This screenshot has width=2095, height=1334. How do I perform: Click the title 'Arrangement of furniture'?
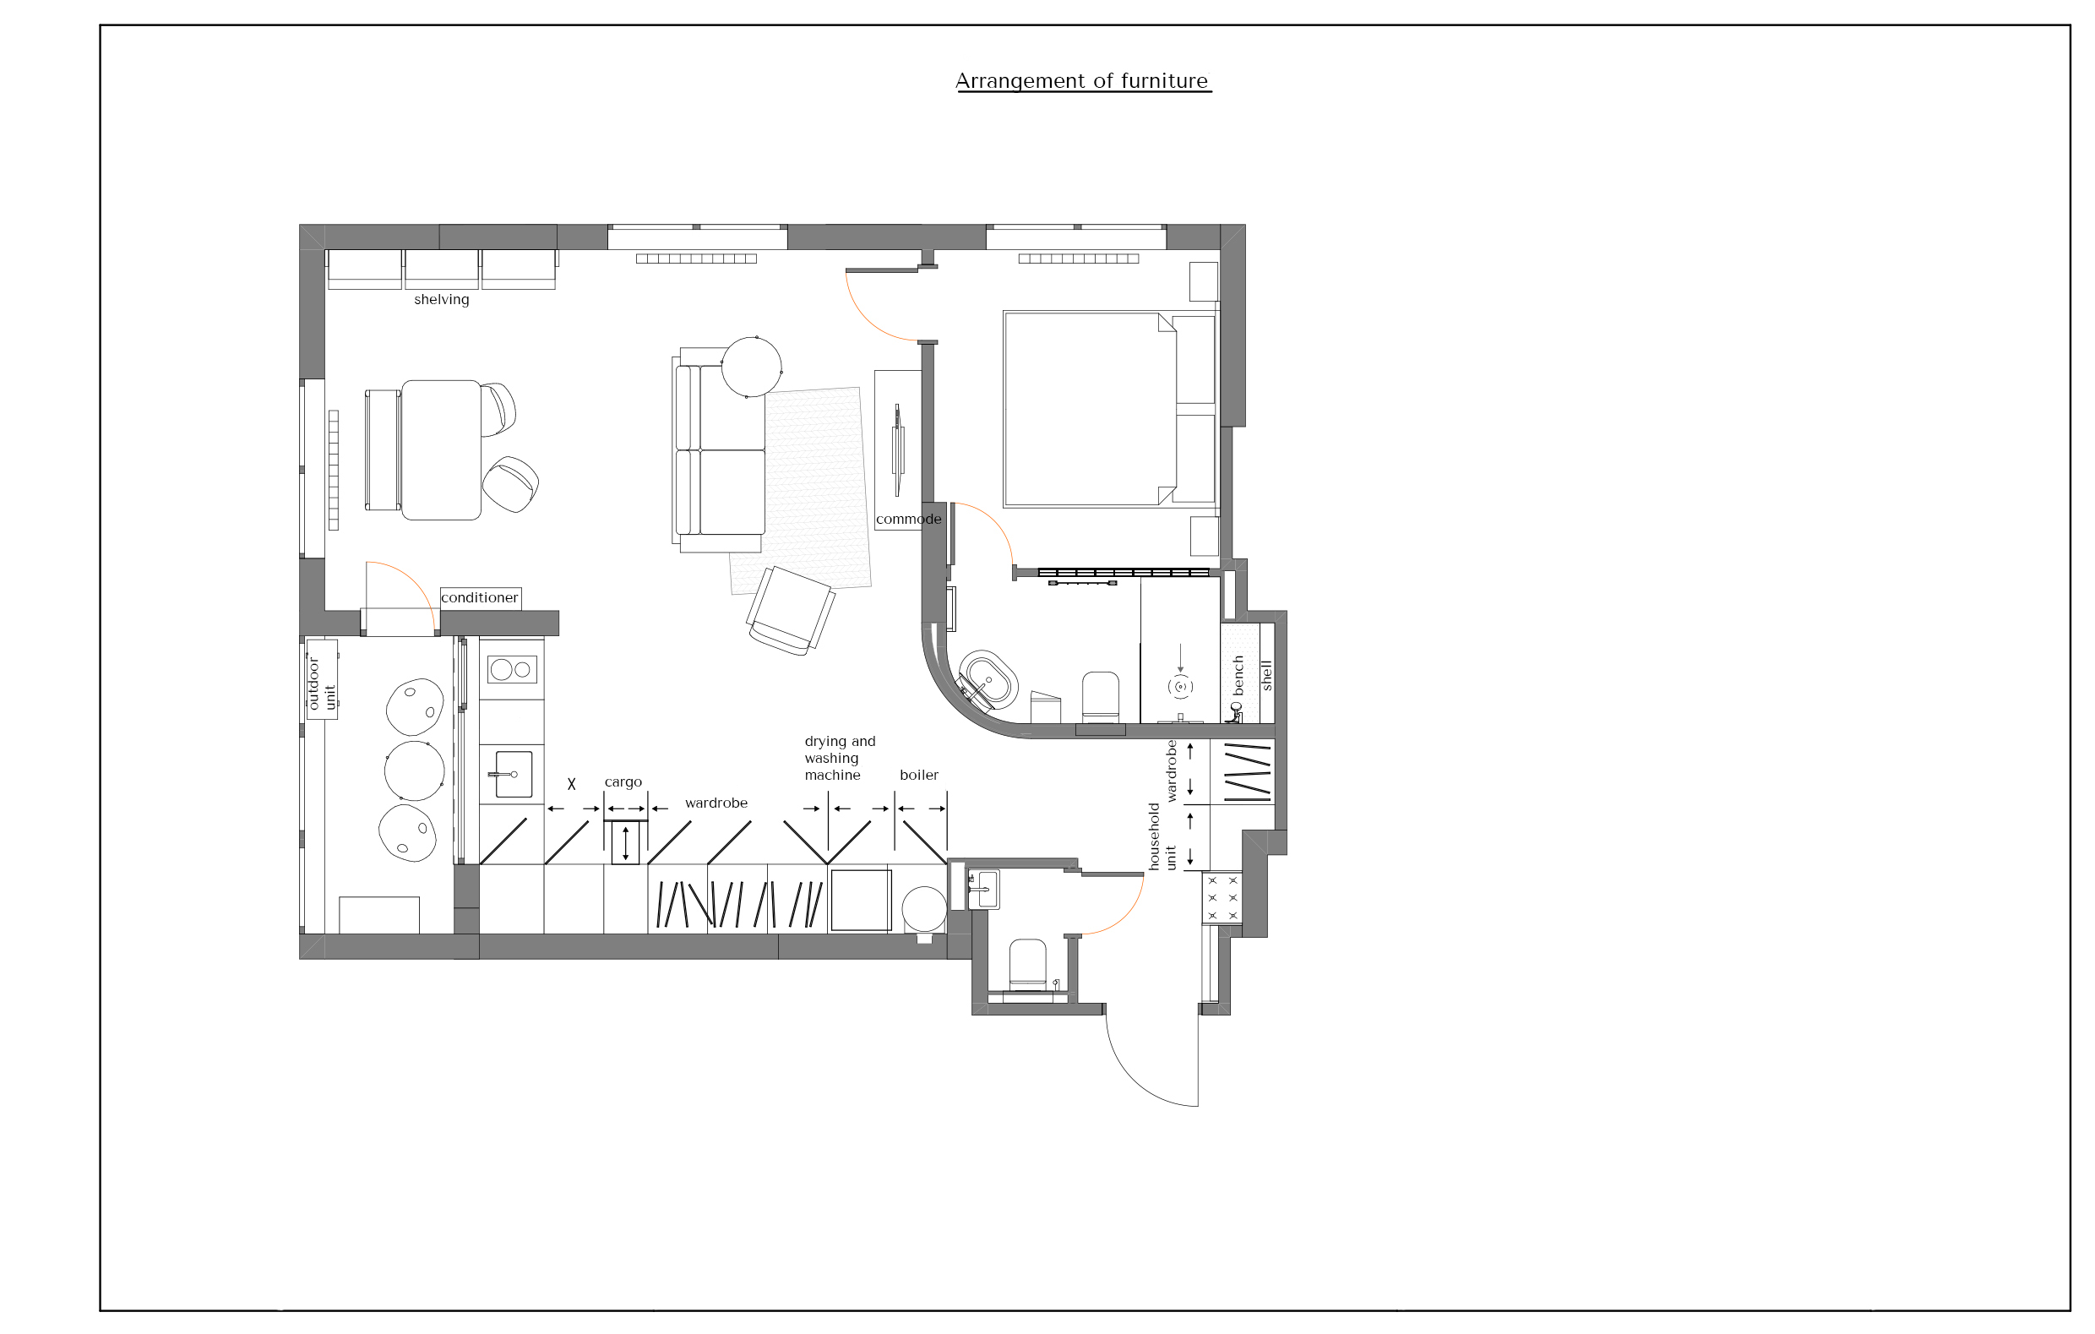coord(1082,81)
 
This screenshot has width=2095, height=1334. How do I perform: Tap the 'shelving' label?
coord(441,299)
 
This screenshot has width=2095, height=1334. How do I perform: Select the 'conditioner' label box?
coord(481,598)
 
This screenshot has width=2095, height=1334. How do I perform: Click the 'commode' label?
coord(908,520)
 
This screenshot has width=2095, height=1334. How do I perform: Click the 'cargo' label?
coord(623,782)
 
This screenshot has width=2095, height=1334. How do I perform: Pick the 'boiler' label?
coord(919,776)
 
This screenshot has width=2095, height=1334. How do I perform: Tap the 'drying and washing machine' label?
coord(840,758)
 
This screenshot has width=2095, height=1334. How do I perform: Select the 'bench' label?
coord(1238,675)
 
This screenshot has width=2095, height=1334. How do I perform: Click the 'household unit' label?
coord(1162,836)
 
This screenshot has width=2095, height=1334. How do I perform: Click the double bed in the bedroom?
coord(1109,409)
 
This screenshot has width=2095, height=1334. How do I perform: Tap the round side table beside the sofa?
coord(752,368)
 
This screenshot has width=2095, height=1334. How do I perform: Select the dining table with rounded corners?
coord(441,450)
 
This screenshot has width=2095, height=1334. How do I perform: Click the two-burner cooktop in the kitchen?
coord(512,669)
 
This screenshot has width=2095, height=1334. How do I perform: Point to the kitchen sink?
coord(514,775)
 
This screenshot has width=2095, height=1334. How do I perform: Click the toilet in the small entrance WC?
coord(1027,965)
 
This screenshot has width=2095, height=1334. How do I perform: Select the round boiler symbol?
coord(924,909)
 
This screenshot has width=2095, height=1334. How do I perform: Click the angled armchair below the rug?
coord(791,611)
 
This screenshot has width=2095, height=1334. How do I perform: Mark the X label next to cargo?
coord(572,784)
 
